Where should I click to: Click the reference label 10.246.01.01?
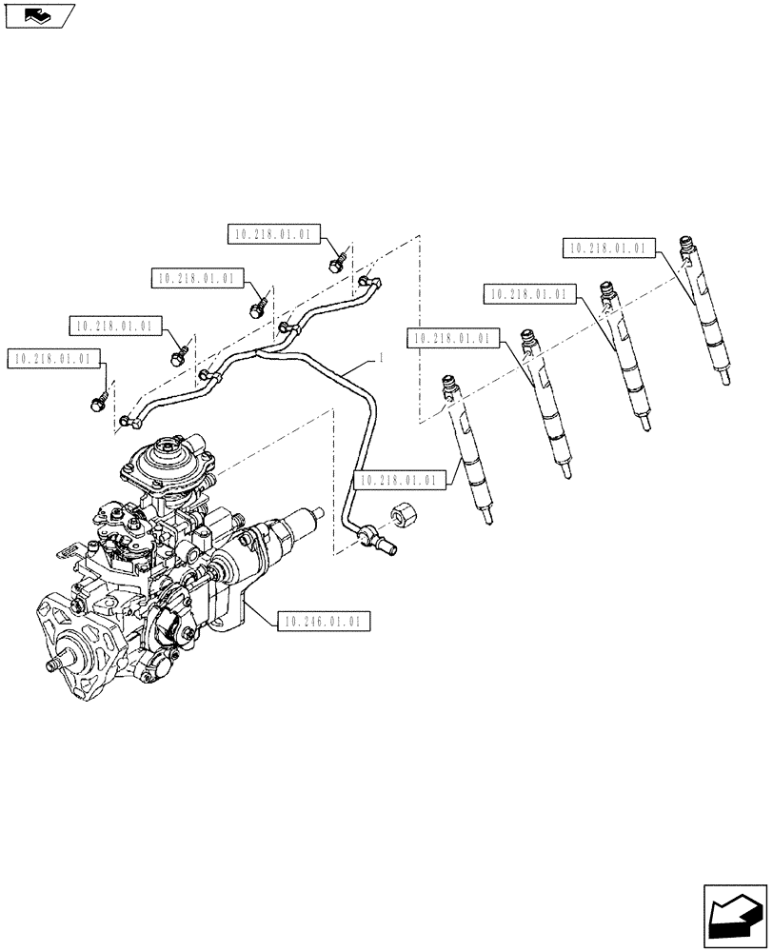point(322,622)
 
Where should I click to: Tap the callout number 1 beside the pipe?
point(381,358)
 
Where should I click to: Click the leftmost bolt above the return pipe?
point(98,403)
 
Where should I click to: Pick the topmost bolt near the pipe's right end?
point(336,262)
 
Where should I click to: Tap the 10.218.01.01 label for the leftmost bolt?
point(52,359)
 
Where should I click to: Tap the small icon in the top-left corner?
point(37,14)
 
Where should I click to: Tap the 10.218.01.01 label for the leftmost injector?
point(397,481)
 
